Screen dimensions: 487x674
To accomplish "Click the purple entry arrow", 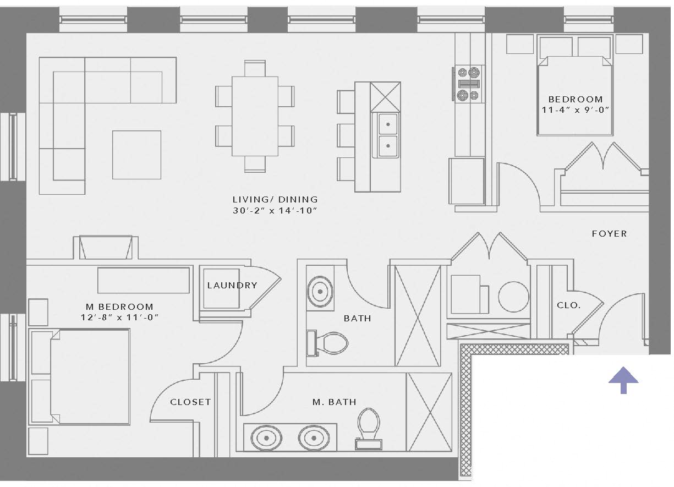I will [623, 380].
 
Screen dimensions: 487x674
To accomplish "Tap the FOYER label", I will [609, 234].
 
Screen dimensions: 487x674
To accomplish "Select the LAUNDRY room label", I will [232, 285].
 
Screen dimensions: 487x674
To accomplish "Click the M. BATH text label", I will [334, 402].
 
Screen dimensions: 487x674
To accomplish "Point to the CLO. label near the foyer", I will [568, 305].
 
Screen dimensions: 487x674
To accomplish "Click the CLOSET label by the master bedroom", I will [190, 402].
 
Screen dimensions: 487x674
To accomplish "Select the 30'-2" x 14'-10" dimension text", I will [275, 211].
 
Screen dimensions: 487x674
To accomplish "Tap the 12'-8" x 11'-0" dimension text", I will [119, 318].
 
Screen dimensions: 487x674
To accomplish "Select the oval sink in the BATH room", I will [320, 290].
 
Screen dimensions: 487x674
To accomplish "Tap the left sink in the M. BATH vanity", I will [267, 437].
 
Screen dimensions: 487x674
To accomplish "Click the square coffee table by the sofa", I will [136, 155].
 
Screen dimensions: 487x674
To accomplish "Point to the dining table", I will [255, 116].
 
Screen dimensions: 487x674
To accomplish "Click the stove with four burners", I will [467, 83].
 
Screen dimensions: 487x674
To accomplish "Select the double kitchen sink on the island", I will [388, 135].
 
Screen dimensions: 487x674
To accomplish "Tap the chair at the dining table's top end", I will [255, 68].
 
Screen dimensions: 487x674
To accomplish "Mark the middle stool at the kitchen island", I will [346, 135].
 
